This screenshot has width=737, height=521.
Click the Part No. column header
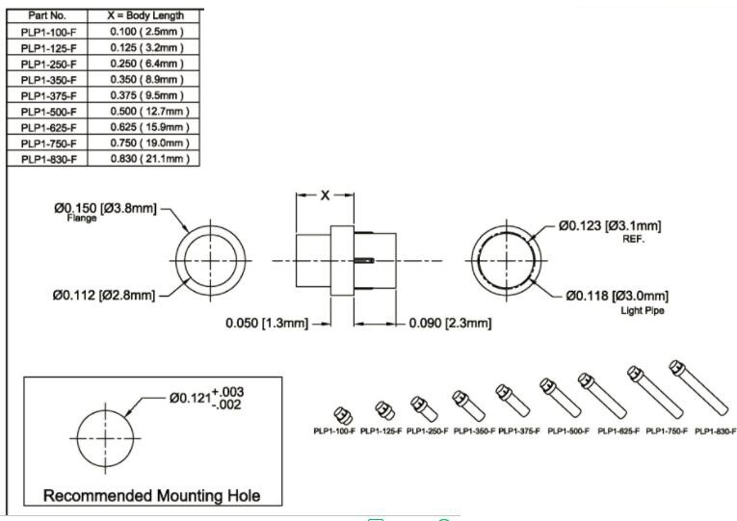tap(48, 16)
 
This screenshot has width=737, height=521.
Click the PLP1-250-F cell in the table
tap(48, 65)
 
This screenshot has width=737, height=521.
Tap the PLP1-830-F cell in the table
tap(48, 158)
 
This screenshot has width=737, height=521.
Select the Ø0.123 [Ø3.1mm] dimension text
tap(610, 226)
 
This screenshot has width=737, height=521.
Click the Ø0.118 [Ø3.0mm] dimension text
tap(617, 295)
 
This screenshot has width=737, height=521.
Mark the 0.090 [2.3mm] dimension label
tap(451, 324)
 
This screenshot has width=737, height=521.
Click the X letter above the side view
tap(326, 195)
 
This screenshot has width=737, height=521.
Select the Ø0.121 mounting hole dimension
tap(205, 398)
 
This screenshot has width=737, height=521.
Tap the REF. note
tap(633, 240)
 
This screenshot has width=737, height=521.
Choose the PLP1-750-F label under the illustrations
tap(667, 431)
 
